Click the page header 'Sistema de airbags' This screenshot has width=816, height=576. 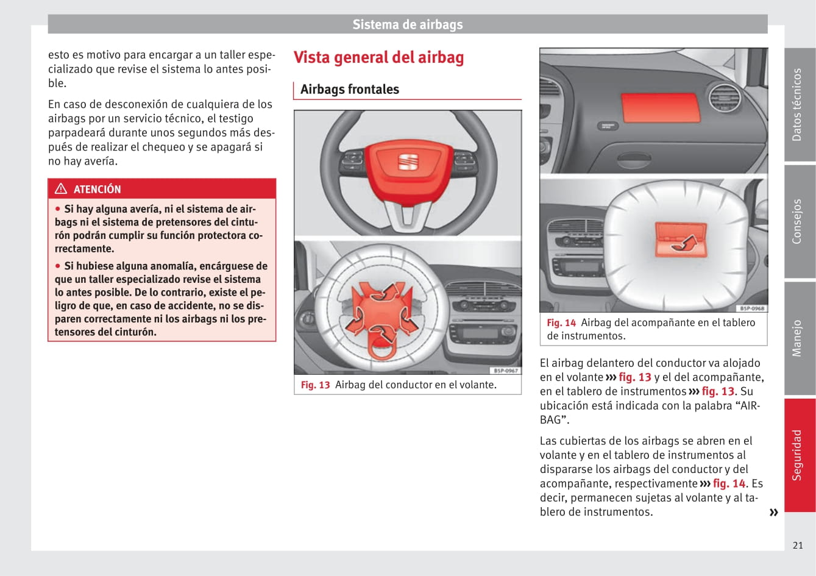tap(407, 24)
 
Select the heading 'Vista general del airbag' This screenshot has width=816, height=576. tap(378, 57)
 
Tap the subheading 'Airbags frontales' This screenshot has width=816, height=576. tap(349, 89)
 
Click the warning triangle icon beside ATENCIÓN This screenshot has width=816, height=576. tap(61, 188)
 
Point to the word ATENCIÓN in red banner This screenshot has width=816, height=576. tap(97, 189)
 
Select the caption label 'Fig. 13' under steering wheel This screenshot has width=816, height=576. tap(315, 385)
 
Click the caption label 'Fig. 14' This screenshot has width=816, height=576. tap(561, 322)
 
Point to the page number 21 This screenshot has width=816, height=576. tap(797, 545)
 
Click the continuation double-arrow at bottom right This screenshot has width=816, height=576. tap(773, 512)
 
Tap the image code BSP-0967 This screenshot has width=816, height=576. tap(505, 371)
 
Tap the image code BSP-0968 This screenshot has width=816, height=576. tap(751, 308)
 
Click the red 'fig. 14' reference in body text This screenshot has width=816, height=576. tap(729, 483)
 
